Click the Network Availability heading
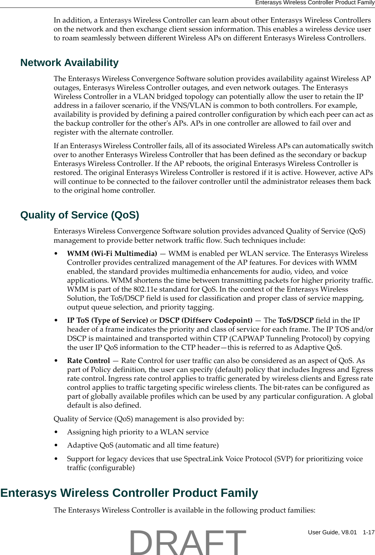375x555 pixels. coord(69,63)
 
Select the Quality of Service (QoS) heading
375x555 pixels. coord(80,215)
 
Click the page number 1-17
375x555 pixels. coord(368,532)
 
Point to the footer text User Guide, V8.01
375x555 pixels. coord(332,532)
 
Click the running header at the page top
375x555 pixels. coord(314,3)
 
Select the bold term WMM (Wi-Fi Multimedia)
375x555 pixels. coord(112,254)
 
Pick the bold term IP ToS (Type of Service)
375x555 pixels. coord(107,321)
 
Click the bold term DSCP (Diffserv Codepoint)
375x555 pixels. coord(206,321)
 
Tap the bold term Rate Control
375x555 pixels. coord(88,361)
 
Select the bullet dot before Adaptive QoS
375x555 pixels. coord(56,445)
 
